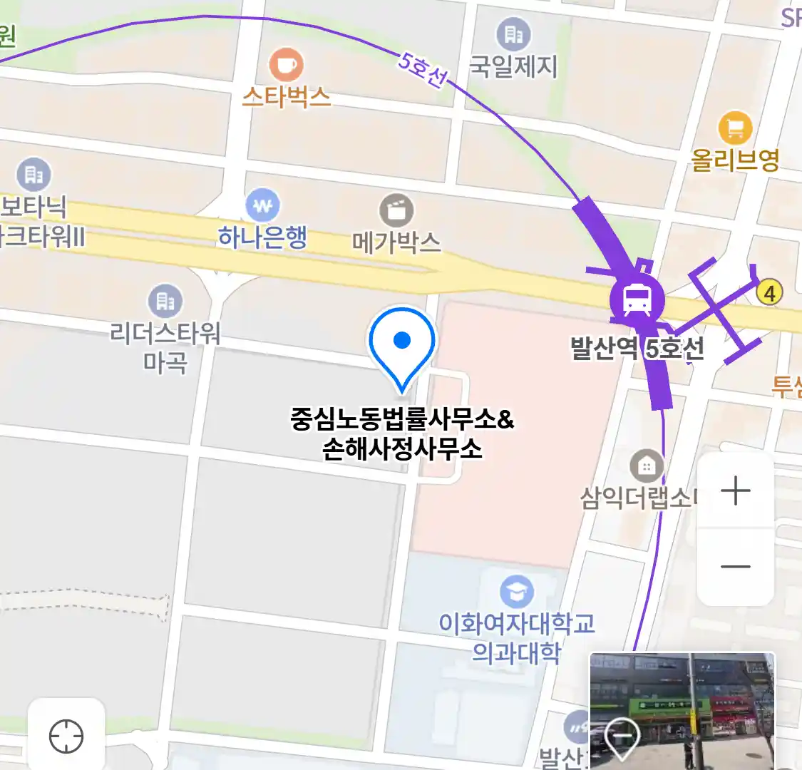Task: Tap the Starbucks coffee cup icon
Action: (x=286, y=66)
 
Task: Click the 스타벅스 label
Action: (x=287, y=96)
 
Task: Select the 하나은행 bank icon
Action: (x=262, y=206)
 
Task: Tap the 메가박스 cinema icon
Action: (x=396, y=211)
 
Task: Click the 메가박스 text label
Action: (x=396, y=242)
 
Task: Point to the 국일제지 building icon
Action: (x=513, y=34)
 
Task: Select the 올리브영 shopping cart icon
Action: (x=735, y=128)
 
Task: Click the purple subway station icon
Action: (x=637, y=299)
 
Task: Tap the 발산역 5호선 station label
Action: (x=637, y=349)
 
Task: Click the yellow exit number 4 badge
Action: (x=768, y=292)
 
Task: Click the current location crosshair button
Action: (x=66, y=736)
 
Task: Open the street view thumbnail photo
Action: (x=682, y=709)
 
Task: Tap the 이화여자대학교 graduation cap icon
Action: (x=516, y=591)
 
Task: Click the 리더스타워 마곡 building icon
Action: (x=165, y=302)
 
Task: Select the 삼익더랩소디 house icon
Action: (x=647, y=467)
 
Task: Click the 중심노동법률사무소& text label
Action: (x=402, y=419)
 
